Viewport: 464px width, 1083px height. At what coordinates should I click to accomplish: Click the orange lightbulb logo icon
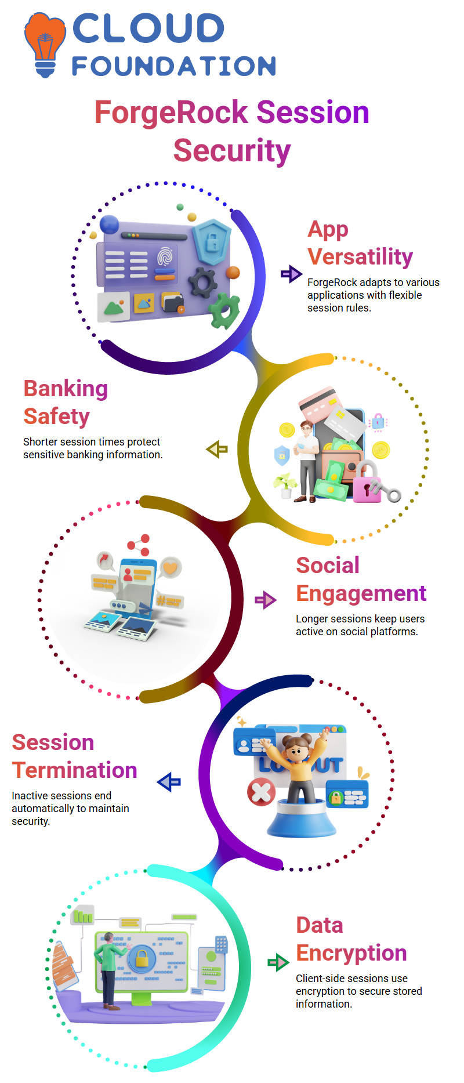click(x=45, y=45)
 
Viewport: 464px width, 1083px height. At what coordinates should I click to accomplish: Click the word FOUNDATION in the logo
click(x=174, y=66)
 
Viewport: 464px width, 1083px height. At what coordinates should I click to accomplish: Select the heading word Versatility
click(x=360, y=256)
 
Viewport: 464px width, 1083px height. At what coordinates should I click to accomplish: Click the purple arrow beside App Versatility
click(x=291, y=274)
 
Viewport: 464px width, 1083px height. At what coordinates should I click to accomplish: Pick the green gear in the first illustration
click(x=224, y=311)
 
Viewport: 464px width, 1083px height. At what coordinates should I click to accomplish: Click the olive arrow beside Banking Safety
click(x=217, y=449)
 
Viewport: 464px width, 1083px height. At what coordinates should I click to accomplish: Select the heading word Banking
click(x=66, y=389)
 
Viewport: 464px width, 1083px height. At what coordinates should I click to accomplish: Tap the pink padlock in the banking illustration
click(x=368, y=481)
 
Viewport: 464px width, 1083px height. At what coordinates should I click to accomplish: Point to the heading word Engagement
click(x=361, y=593)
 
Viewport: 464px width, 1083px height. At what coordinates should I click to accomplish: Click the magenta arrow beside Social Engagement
click(x=266, y=600)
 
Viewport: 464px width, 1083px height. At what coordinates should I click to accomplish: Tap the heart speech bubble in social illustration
click(x=170, y=568)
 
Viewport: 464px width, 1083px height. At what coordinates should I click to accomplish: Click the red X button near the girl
click(x=262, y=792)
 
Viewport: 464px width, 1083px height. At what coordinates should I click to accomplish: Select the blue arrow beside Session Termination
click(x=169, y=782)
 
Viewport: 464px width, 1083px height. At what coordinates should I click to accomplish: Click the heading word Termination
click(x=75, y=770)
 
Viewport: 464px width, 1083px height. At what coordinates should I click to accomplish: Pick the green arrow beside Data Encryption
click(x=278, y=962)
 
